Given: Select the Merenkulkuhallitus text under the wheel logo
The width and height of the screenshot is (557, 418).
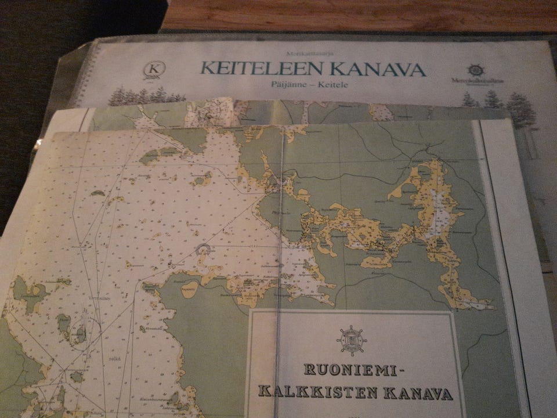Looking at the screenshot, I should (x=476, y=81).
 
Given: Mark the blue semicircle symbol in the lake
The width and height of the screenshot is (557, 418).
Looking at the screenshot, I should (x=203, y=250).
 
